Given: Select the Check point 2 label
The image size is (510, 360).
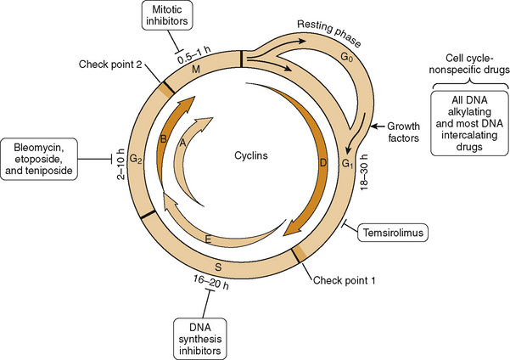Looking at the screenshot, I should click(x=108, y=63).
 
